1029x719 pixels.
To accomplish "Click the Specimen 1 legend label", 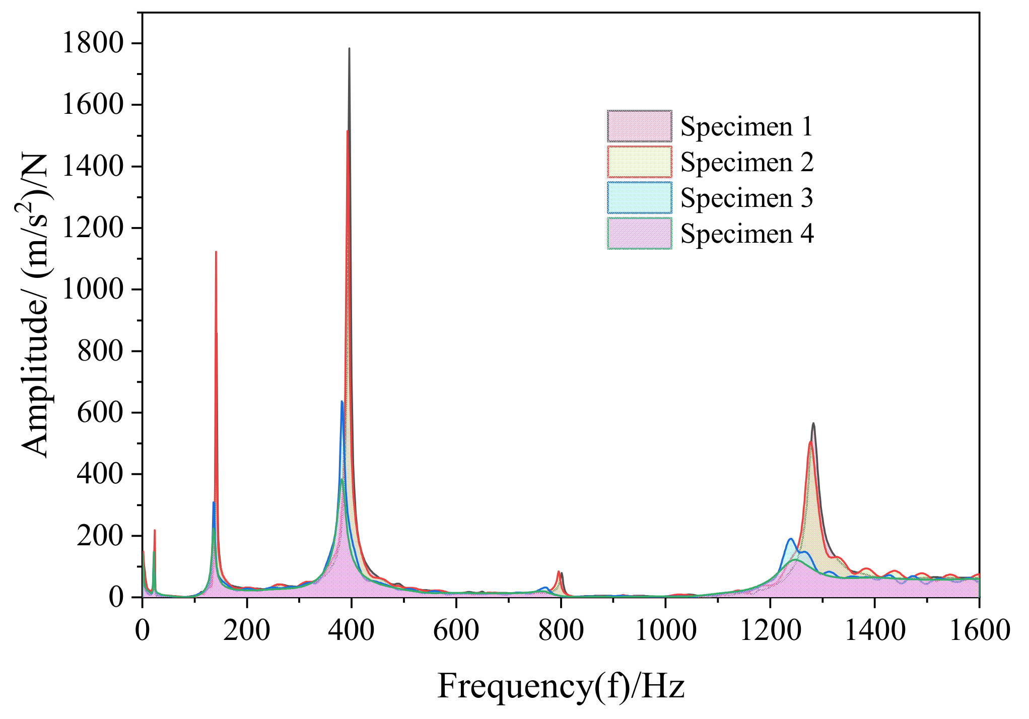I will click(746, 126).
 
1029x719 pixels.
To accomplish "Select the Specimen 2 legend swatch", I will click(639, 162).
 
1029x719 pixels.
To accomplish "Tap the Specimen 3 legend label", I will click(746, 198).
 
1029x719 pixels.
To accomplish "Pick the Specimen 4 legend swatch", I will click(639, 234).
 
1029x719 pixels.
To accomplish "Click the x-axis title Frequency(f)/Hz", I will click(561, 686).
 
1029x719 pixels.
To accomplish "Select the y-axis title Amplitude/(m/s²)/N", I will click(35, 305).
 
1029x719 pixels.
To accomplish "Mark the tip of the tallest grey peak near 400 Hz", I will click(349, 49).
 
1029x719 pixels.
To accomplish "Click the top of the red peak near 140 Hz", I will click(216, 252).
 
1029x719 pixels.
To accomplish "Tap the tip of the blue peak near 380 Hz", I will click(341, 402).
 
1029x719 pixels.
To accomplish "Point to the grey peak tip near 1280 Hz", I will click(813, 423).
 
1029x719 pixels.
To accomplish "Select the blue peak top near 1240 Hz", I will click(791, 539).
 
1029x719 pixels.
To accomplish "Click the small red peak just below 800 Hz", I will click(558, 571).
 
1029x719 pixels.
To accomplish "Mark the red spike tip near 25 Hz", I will click(154, 530).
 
